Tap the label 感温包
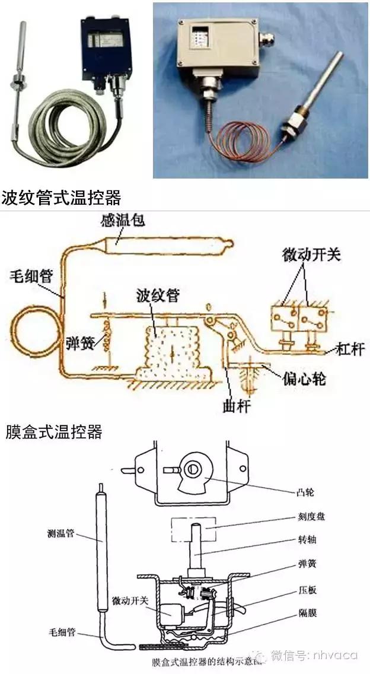(126, 222)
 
